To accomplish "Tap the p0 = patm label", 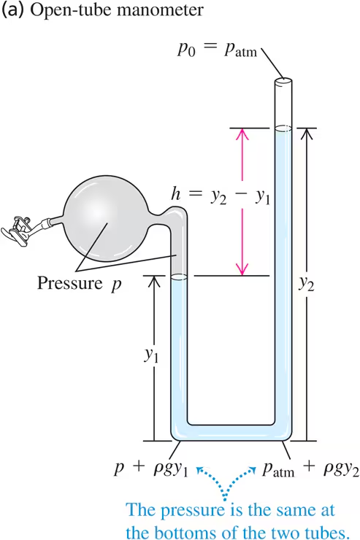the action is pos(218,50).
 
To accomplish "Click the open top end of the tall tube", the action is pos(283,82).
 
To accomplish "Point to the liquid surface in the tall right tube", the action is pos(283,129).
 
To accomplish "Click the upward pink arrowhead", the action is pos(242,134).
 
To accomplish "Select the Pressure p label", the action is pos(80,284).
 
